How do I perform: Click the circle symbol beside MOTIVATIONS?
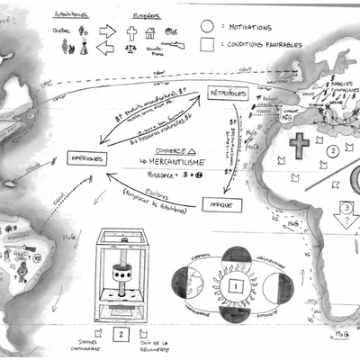(x=207, y=26)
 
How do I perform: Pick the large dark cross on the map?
(x=297, y=144)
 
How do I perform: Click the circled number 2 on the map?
(x=332, y=150)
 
